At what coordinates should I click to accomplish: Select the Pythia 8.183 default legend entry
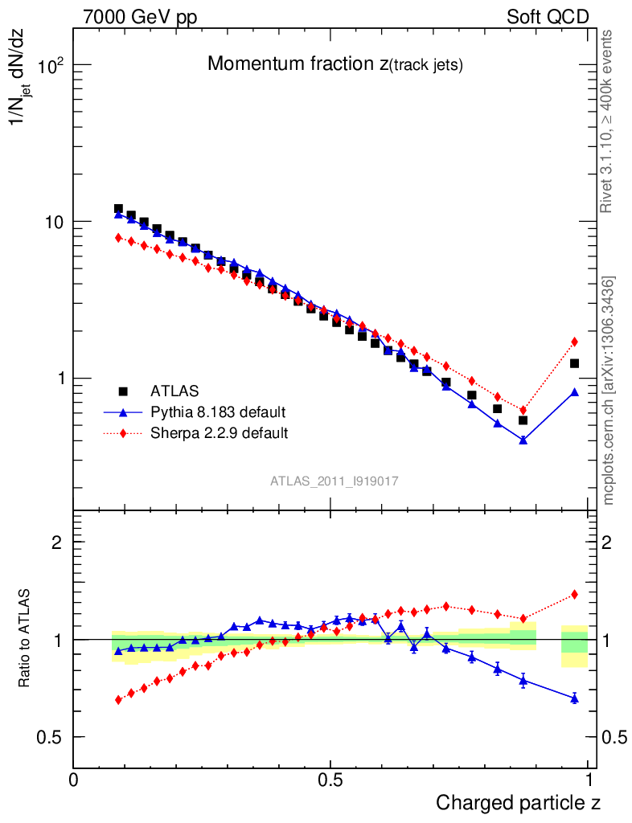coord(217,412)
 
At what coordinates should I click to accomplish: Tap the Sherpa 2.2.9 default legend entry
coord(219,433)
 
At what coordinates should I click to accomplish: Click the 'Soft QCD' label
coord(548,17)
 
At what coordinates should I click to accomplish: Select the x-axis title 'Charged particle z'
coord(518,802)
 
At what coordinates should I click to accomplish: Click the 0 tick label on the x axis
coord(74,780)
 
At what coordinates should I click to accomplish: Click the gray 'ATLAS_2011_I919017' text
coord(334,481)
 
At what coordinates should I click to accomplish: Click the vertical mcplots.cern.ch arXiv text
coord(609,391)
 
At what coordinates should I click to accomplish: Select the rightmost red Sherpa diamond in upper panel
coord(574,342)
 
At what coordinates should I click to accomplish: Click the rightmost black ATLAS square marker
coord(574,363)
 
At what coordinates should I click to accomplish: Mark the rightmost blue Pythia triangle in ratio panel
coord(574,698)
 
